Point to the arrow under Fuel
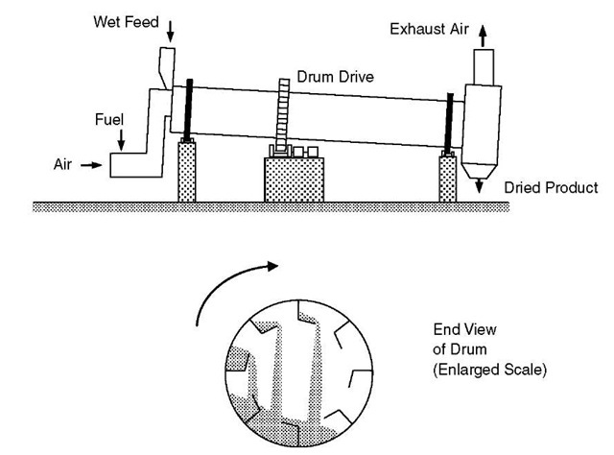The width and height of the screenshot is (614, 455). (122, 140)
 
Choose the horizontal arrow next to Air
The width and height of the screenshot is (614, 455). (90, 165)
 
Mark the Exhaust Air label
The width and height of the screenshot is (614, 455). (427, 29)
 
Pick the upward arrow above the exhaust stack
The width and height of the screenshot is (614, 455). (482, 31)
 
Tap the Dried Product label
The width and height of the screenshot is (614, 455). (550, 188)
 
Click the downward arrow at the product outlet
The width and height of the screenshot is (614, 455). (479, 184)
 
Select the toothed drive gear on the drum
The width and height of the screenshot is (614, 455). (283, 114)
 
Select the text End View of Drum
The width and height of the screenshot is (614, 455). (455, 340)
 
